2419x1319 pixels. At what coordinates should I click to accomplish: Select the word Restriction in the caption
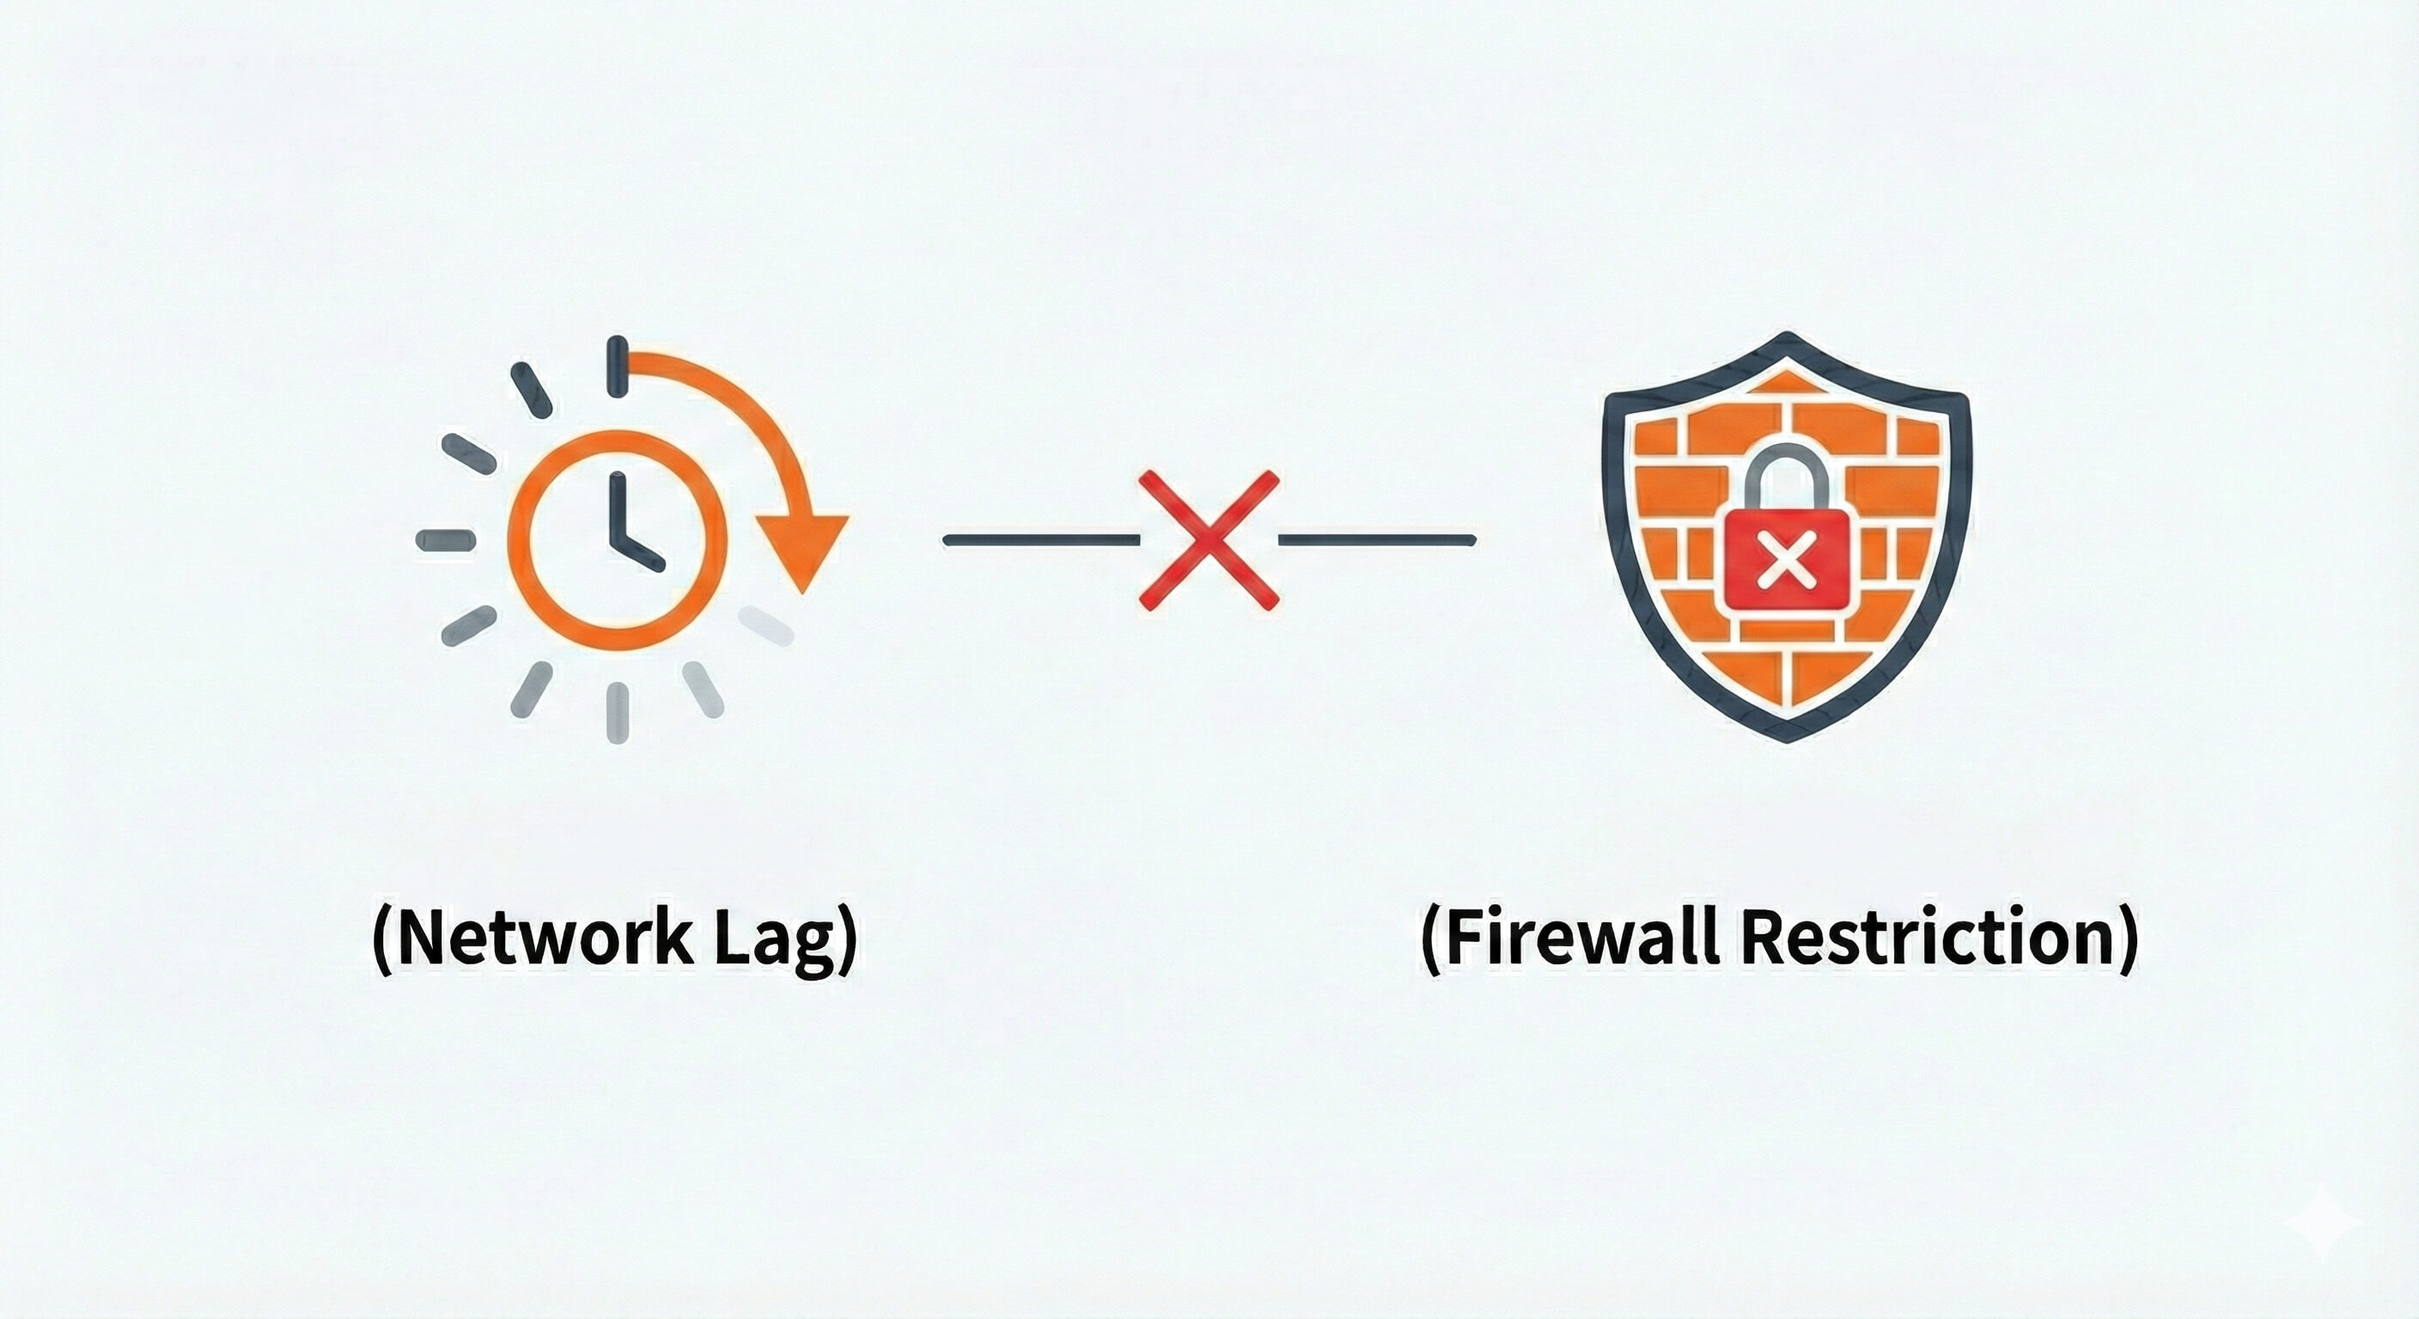click(x=1922, y=938)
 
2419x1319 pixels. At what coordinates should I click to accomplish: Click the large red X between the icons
click(x=1209, y=540)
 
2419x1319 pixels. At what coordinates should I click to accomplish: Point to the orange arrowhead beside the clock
click(x=803, y=550)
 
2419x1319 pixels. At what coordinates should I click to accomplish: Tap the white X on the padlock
click(x=1785, y=564)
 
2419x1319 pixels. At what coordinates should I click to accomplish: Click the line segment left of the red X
click(x=1040, y=540)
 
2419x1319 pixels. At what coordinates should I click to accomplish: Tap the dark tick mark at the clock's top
click(x=617, y=365)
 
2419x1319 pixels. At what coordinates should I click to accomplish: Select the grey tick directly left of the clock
click(x=446, y=540)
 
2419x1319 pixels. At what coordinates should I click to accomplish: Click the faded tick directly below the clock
click(x=617, y=713)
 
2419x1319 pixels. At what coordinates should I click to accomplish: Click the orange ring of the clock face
click(x=515, y=540)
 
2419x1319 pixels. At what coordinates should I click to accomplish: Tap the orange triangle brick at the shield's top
click(x=1785, y=383)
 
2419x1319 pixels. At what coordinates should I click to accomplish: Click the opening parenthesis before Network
click(x=382, y=940)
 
